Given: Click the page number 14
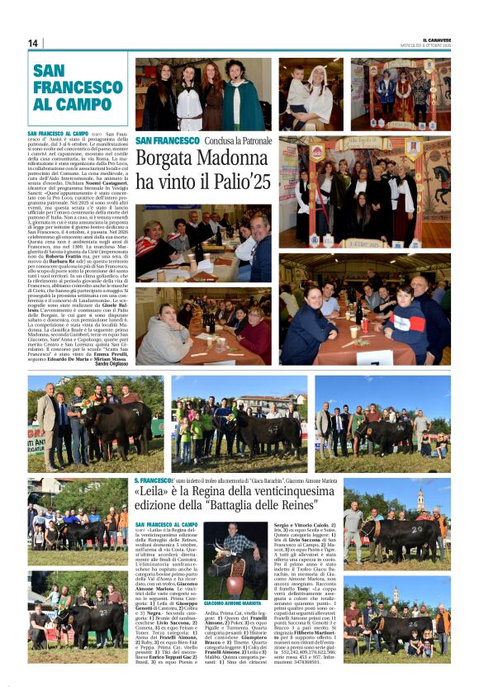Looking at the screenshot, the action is click(33, 43).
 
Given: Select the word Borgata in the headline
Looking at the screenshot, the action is click(166, 159).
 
